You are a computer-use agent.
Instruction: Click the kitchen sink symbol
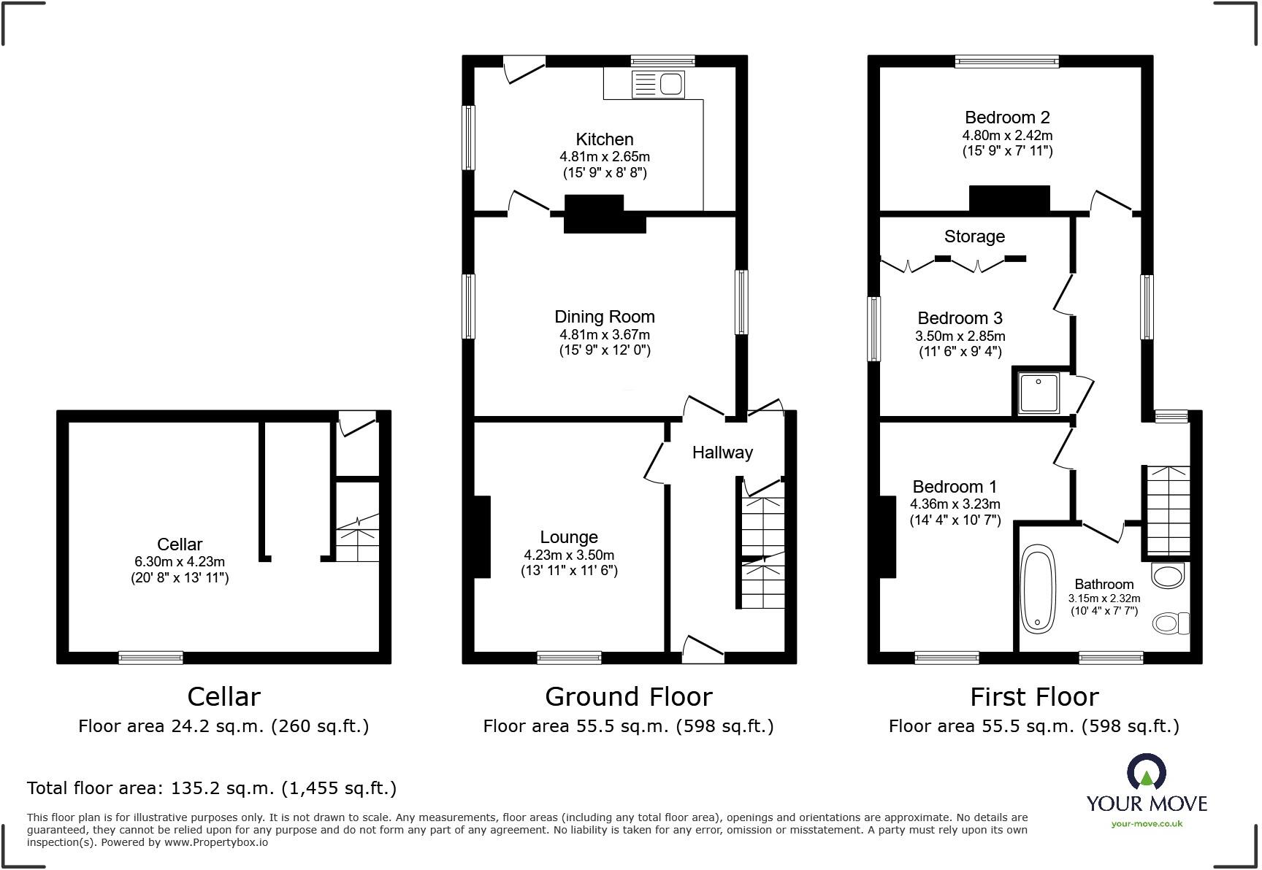658,85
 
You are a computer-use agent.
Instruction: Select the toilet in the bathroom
1171,623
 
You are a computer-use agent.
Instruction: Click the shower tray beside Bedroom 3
1039,393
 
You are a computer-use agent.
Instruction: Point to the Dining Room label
604,317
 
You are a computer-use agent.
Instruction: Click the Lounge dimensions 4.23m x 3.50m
568,555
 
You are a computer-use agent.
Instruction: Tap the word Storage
974,236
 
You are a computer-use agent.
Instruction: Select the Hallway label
722,453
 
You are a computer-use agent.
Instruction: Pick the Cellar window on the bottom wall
151,658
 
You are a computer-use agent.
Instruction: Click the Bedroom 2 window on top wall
1007,62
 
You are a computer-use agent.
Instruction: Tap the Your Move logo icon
1147,772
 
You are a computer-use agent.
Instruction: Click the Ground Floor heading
628,697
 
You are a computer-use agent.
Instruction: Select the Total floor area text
212,788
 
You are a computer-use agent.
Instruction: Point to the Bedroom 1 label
955,487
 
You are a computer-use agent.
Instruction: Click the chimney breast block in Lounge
482,537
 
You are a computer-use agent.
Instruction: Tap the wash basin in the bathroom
1166,575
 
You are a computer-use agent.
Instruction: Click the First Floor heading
1033,697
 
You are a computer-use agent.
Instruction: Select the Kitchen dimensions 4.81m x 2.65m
604,157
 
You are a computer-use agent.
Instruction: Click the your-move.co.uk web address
1147,824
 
